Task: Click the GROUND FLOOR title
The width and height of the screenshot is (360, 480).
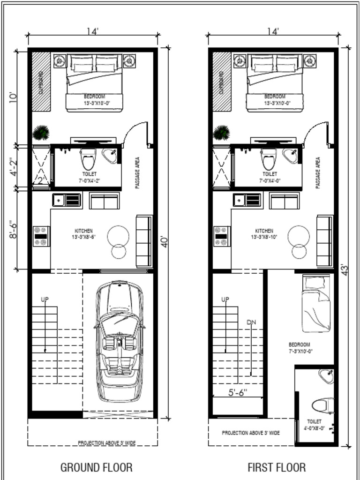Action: pos(96,467)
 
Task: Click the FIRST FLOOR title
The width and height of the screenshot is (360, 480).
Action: pos(277,467)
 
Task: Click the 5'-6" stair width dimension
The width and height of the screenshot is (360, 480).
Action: pos(238,391)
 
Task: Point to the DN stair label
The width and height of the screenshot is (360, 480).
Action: pos(251,322)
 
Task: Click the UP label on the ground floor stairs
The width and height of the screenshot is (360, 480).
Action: pos(45,299)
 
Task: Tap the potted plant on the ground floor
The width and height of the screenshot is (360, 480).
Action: pos(41,133)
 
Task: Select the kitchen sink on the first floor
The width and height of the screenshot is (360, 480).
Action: pos(246,200)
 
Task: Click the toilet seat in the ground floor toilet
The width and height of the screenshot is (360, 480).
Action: pos(87,160)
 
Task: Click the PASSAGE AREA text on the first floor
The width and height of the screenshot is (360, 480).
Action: pos(318,172)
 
